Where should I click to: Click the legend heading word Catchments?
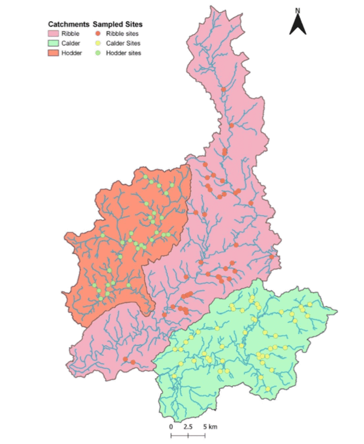pos(68,24)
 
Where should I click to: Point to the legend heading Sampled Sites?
pos(118,24)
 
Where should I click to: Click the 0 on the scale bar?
pos(171,427)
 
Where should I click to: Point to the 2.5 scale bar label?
pos(188,427)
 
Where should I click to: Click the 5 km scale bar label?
pos(210,427)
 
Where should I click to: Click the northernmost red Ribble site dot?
pos(224,89)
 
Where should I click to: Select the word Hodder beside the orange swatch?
pos(71,53)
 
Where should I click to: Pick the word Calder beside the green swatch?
pos(71,43)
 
